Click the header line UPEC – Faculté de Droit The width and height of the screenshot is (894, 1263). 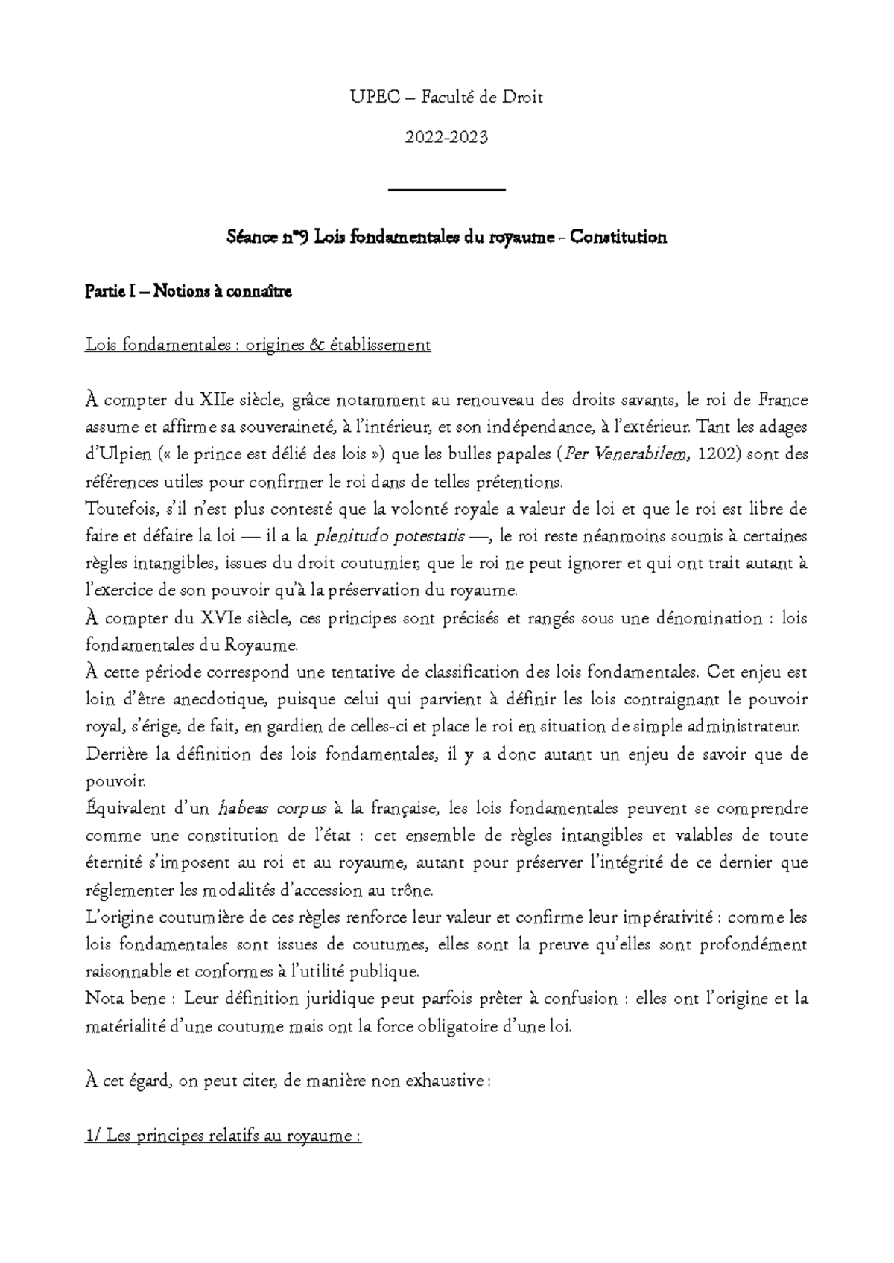[x=447, y=97]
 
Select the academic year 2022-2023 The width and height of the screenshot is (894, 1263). [x=447, y=137]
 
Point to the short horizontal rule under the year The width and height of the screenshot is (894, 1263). [x=447, y=191]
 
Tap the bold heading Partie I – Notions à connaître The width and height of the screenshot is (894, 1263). [x=188, y=292]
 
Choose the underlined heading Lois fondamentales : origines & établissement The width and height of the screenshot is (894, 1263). [x=259, y=346]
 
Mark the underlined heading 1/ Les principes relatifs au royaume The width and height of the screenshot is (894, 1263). [x=223, y=1137]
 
